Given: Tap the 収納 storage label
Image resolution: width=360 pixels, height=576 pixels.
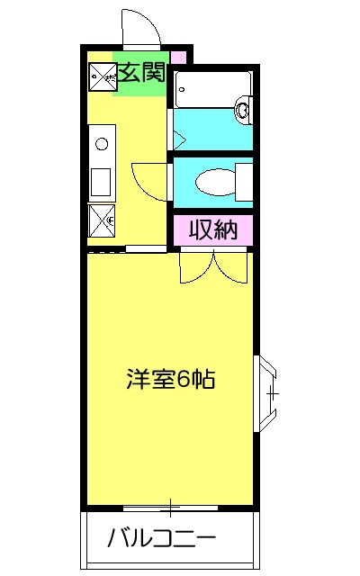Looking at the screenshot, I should (x=212, y=230).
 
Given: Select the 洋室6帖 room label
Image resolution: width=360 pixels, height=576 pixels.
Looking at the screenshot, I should (x=169, y=379).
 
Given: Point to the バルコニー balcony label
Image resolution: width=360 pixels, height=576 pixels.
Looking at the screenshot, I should (x=162, y=539).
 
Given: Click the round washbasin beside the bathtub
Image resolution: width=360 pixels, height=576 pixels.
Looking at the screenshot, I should (x=242, y=112).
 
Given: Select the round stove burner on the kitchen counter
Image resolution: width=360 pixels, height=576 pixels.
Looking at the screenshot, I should (x=102, y=142).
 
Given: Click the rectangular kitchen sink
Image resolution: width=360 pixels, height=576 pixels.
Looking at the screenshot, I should (x=100, y=179).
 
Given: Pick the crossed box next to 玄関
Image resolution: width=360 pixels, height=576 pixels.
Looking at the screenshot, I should (x=101, y=78).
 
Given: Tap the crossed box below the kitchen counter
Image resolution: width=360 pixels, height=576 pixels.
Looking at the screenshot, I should (x=101, y=220).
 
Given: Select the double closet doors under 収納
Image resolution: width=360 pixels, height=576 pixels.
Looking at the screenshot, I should (x=213, y=266).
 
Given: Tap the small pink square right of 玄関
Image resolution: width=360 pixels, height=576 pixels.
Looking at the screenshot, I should (x=178, y=58).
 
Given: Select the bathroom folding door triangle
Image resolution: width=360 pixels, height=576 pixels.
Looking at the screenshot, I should (x=178, y=139).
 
